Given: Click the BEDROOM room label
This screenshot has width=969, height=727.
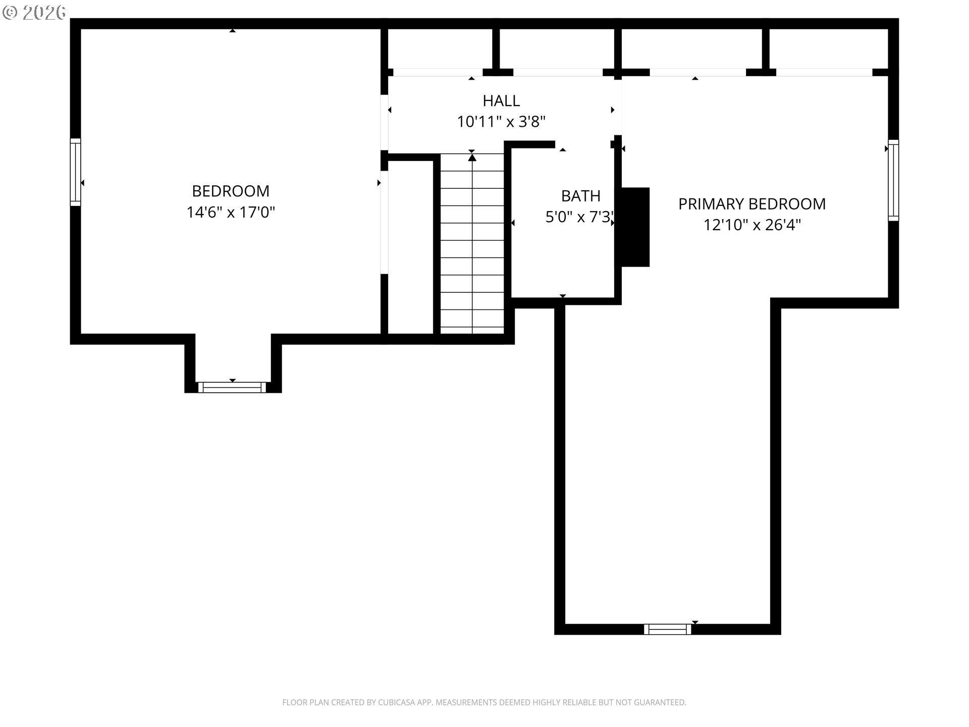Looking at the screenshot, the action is [x=231, y=191].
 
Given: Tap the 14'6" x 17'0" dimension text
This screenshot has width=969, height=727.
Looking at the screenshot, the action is [x=231, y=212].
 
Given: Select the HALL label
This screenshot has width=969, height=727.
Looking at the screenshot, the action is [x=501, y=101].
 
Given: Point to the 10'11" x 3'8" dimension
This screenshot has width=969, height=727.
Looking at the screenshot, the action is [x=501, y=122].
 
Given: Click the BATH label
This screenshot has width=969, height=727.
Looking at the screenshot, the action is [x=581, y=196].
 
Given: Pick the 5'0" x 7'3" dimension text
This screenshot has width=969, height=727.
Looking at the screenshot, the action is [x=580, y=217].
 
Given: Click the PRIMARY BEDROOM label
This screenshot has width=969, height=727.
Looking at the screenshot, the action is [x=752, y=204].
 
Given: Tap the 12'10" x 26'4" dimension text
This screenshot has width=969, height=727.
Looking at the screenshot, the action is [x=752, y=225].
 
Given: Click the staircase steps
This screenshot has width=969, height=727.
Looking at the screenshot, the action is [x=472, y=244].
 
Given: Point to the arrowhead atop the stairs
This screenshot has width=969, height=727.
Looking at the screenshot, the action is [x=472, y=158].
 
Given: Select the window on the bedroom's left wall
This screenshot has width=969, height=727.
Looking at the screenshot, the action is [x=75, y=172].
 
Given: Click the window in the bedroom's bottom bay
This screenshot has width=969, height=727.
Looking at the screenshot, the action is [x=232, y=387].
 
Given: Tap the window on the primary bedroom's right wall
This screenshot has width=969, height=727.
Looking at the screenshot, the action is [x=893, y=180].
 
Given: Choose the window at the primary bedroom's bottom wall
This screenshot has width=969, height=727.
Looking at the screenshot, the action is [x=668, y=629].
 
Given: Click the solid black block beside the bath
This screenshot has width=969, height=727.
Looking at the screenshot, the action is [x=635, y=227].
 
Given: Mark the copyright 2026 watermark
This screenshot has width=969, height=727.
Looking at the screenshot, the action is [x=34, y=13].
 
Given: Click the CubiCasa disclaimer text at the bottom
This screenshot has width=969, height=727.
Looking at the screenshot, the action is [x=484, y=702].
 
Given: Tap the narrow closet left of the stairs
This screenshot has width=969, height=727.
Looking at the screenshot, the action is [x=410, y=247].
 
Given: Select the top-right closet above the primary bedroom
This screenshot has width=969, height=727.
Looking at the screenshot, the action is [x=828, y=48].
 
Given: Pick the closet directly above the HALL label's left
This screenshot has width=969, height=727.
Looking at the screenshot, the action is [x=440, y=48].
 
